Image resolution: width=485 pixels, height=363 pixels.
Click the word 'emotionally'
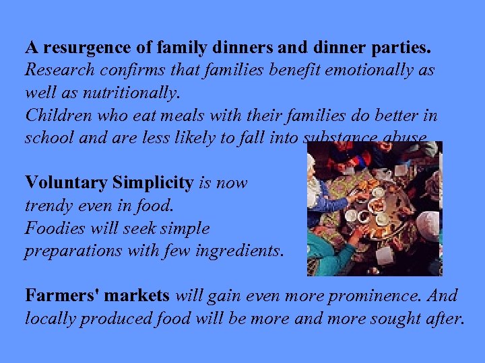pyautogui.click(x=373, y=70)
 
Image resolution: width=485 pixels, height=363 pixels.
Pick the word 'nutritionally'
pyautogui.click(x=133, y=92)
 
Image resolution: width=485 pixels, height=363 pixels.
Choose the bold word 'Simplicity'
pyautogui.click(x=152, y=183)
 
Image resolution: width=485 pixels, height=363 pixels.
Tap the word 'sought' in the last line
pyautogui.click(x=399, y=318)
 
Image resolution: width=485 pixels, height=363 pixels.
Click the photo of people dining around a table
pyautogui.click(x=375, y=208)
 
